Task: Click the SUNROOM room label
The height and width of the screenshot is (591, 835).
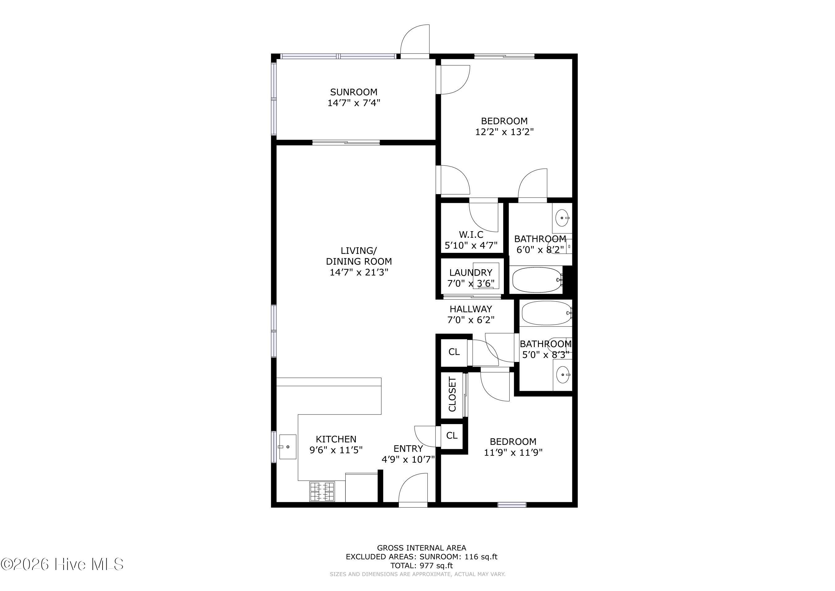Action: coord(353,92)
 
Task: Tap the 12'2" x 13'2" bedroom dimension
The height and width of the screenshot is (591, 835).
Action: coord(504,132)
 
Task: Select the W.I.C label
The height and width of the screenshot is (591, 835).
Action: coord(471,235)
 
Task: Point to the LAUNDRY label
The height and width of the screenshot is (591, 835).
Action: coord(470,273)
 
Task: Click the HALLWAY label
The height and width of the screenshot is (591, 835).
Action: coord(470,309)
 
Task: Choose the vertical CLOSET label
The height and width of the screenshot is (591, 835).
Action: coord(452,394)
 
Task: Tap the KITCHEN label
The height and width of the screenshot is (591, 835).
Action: coord(336,439)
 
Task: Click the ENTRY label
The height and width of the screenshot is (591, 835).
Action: coord(408,449)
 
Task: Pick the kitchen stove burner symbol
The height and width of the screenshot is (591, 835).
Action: coord(322,492)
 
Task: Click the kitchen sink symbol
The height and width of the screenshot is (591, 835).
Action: coord(287,447)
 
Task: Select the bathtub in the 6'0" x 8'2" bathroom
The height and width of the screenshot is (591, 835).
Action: coord(538,280)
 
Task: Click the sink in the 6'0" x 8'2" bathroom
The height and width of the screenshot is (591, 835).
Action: coord(562,218)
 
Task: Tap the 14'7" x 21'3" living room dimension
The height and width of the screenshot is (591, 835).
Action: coord(359,272)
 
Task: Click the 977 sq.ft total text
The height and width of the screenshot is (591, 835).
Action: coord(421,566)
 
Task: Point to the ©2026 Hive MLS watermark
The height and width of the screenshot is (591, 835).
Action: coord(62,564)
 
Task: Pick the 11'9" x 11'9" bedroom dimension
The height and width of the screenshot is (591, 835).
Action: coord(513,452)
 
